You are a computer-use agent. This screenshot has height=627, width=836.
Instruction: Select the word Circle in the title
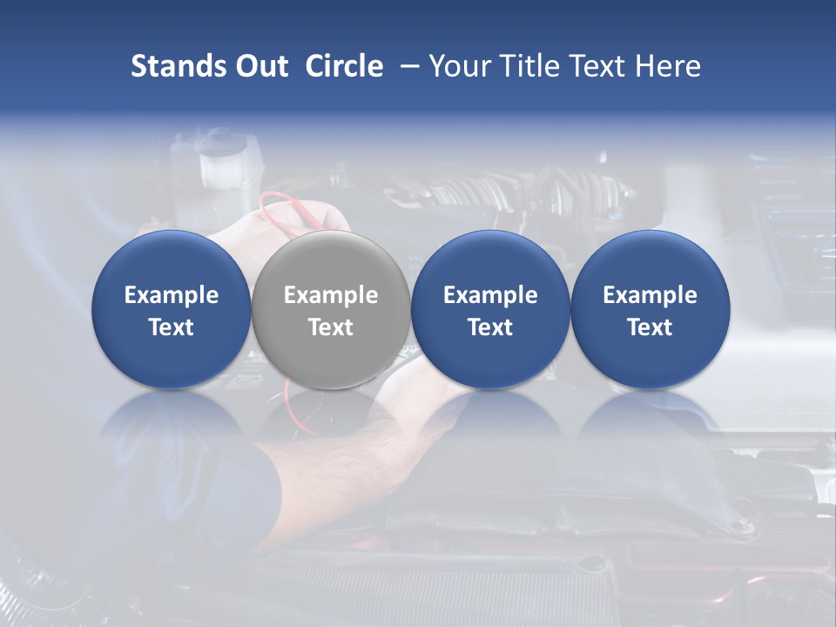344,66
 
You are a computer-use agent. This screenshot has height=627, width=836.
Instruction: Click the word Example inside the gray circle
331,295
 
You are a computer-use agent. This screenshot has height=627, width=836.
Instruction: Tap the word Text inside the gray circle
331,327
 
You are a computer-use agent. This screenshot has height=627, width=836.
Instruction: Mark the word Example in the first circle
171,295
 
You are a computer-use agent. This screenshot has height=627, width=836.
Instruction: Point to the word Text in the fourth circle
650,327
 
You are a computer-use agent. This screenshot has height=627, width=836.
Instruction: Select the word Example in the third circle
490,295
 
